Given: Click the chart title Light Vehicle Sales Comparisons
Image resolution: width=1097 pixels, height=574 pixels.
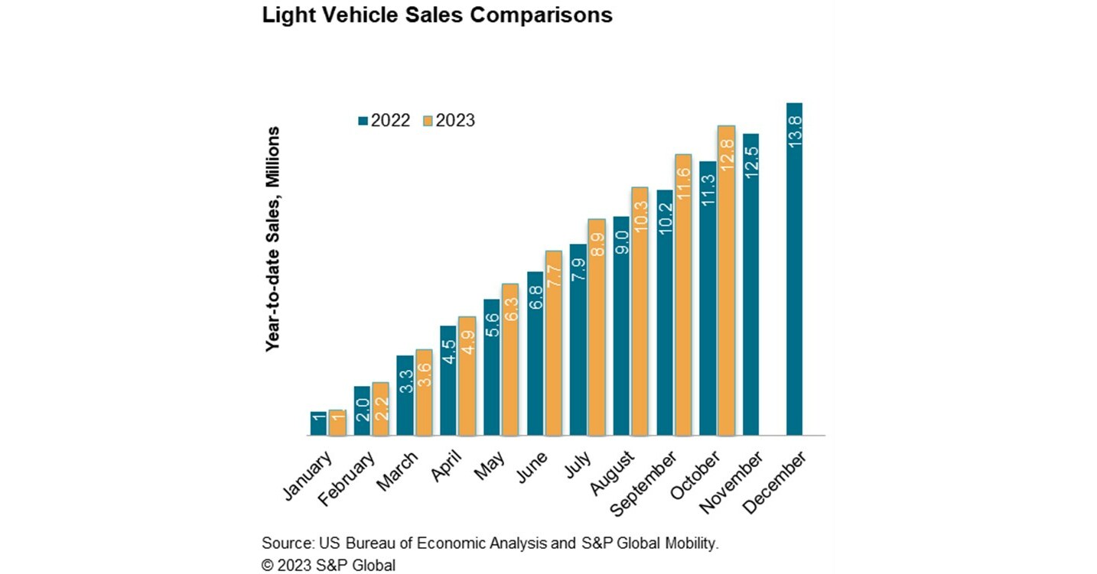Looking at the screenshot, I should tap(437, 16).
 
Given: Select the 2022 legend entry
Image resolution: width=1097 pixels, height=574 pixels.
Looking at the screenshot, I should tap(384, 121).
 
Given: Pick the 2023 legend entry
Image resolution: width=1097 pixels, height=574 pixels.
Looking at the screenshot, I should tap(449, 121).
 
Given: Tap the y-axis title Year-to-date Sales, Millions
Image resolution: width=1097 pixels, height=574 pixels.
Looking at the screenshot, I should tap(272, 238).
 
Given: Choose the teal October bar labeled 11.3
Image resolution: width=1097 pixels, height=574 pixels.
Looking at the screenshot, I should tap(708, 298).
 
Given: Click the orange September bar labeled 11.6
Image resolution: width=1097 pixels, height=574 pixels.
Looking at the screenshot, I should tap(682, 295).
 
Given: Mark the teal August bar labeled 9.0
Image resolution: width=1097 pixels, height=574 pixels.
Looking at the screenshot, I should tap(621, 326).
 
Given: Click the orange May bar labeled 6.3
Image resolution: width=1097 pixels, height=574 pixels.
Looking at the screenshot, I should tap(510, 359).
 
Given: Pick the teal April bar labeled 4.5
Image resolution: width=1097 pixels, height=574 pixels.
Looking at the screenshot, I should tap(448, 381).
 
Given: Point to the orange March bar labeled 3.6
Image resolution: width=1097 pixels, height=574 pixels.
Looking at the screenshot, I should tap(423, 392).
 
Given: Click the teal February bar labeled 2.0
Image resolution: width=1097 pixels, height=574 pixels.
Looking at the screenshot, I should tap(362, 410).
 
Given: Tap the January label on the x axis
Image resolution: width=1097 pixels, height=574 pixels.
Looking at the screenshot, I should tap(309, 475).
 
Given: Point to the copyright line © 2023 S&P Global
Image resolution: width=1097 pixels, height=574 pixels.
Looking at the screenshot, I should tap(328, 565).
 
